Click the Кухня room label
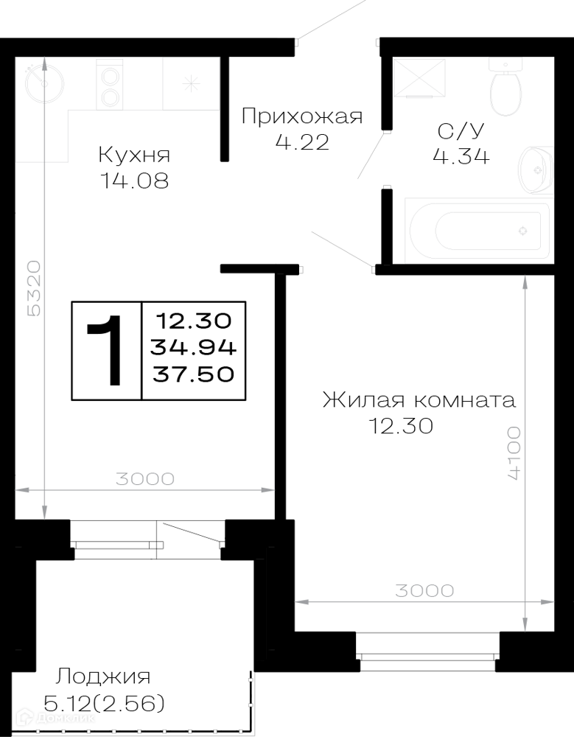[134, 155]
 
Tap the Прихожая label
[302, 116]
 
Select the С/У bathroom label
[461, 131]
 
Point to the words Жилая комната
[419, 400]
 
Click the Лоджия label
[103, 677]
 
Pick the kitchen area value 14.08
[134, 181]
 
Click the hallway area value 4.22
[302, 142]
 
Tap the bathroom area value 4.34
[461, 156]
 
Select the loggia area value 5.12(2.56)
[104, 704]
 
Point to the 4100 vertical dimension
[514, 453]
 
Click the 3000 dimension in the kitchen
[145, 479]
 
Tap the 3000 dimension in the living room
[424, 591]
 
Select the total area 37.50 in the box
[193, 374]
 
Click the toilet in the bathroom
[505, 86]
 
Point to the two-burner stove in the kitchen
[110, 85]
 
